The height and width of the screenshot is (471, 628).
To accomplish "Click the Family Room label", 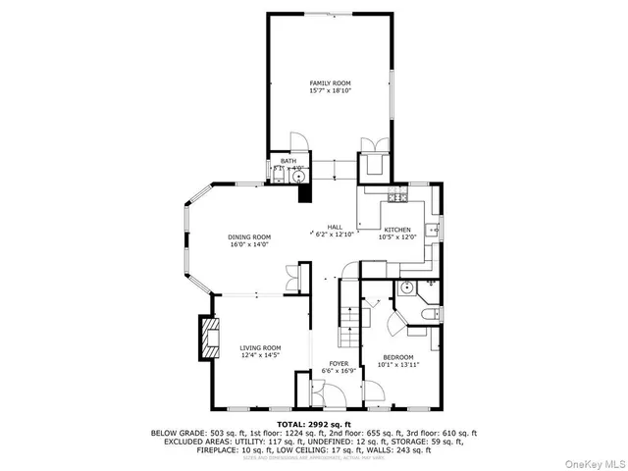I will click(331, 83).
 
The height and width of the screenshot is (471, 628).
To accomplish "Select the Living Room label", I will click(261, 347).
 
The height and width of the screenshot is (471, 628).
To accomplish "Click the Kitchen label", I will click(397, 229).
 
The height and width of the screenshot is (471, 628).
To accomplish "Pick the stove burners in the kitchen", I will click(397, 197).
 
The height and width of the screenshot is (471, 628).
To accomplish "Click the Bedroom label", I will click(397, 357).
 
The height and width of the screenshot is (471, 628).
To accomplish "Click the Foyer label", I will click(339, 364).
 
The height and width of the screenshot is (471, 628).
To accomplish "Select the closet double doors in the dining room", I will click(291, 279).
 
